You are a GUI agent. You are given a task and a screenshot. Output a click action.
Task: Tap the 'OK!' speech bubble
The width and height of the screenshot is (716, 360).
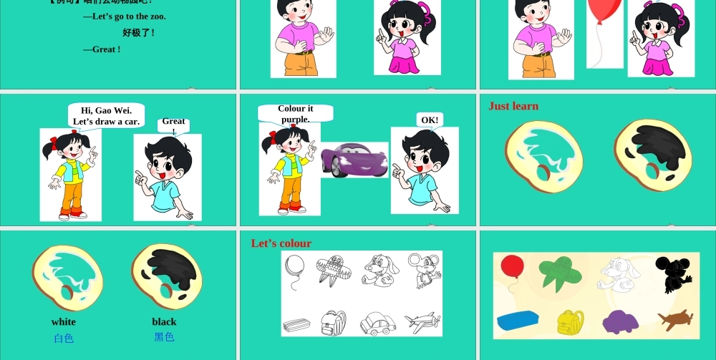(x=430, y=120)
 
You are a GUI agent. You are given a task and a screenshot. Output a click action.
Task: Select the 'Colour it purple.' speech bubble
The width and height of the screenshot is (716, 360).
(x=296, y=114)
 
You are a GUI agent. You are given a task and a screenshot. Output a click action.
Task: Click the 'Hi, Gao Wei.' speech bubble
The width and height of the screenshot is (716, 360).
(x=106, y=116)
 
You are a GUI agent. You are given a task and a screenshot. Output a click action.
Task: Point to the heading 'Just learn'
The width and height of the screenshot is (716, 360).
(x=513, y=106)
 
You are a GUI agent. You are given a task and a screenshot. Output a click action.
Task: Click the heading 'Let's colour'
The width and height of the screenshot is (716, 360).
(x=281, y=243)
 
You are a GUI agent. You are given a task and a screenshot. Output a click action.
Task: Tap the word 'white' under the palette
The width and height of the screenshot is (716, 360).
(x=63, y=322)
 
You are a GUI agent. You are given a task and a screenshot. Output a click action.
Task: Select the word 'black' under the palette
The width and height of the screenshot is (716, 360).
(x=164, y=322)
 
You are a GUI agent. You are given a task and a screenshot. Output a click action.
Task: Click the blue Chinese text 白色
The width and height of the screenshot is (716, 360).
(x=63, y=338)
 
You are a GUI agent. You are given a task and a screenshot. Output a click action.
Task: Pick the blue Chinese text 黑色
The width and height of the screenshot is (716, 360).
(x=164, y=336)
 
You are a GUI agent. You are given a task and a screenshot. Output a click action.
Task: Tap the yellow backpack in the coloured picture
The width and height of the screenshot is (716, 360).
(x=571, y=322)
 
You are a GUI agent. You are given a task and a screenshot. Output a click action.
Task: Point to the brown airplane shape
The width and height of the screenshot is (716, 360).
(x=675, y=319)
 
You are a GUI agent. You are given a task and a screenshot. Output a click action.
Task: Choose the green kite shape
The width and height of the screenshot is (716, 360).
(x=564, y=273)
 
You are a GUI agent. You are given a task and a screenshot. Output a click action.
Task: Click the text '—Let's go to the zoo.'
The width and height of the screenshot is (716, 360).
(x=124, y=16)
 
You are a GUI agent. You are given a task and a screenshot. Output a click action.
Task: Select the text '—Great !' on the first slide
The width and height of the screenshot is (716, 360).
(x=102, y=49)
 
